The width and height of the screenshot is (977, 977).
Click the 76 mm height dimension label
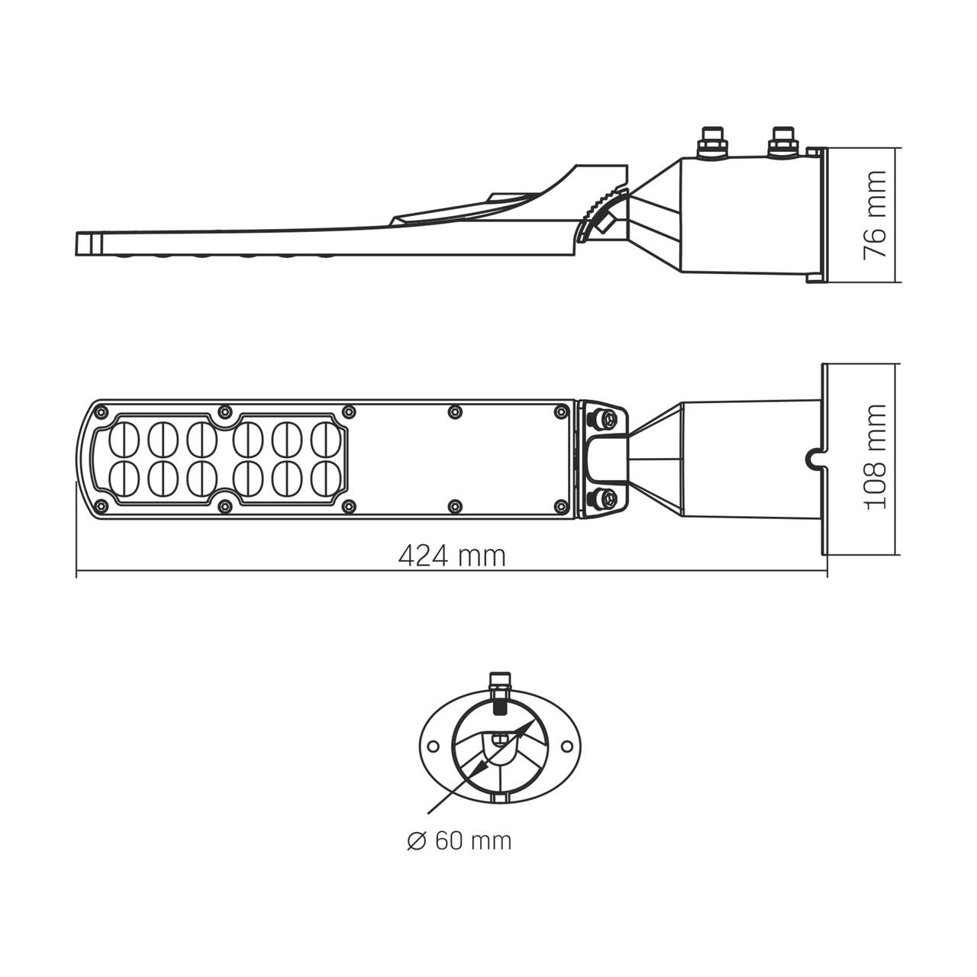pos(875,214)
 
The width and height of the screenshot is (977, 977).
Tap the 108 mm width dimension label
pos(875,457)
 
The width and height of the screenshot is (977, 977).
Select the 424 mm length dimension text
pos(452,556)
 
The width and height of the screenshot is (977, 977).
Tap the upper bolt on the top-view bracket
pos(606,418)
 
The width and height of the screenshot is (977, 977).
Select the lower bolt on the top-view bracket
pos(606,499)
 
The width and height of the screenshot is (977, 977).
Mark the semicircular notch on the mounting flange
pos(814,458)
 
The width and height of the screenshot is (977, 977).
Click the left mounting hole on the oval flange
pos(432,745)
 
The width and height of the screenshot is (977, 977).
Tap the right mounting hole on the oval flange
pos(569,745)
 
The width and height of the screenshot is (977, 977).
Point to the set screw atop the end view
pos(501,687)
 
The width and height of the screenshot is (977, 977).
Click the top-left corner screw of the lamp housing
pos(101,412)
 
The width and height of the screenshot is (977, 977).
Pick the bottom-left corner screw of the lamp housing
pos(101,505)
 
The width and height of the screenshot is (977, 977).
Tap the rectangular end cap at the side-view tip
pos(89,243)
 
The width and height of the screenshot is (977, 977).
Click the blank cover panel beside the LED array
pos(458,458)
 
